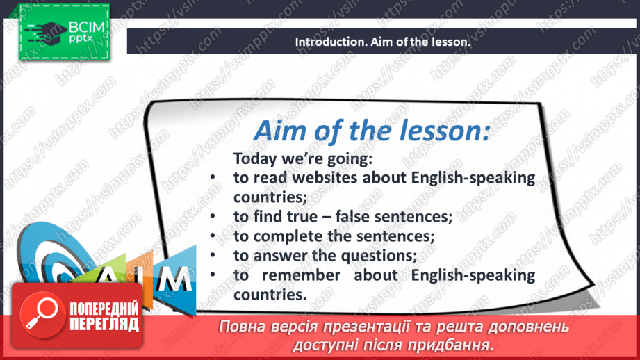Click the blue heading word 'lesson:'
click(x=444, y=130)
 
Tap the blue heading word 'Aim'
click(x=279, y=131)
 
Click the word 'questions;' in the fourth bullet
click(x=379, y=256)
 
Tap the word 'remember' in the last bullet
click(x=301, y=275)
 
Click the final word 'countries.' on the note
click(x=270, y=295)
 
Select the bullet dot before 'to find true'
click(x=213, y=217)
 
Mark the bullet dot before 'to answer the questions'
click(x=213, y=256)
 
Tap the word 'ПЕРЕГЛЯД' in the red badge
click(x=104, y=325)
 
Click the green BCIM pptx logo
click(x=65, y=32)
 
